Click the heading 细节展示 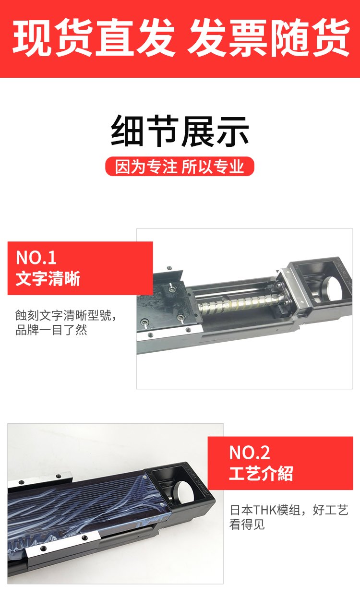[x=180, y=131]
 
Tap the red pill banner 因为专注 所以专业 [x=180, y=167]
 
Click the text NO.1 [x=36, y=257]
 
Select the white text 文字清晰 [x=48, y=279]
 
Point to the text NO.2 [x=250, y=453]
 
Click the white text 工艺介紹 [x=261, y=474]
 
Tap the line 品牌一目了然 [x=51, y=330]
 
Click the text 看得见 [x=247, y=525]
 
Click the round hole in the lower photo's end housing [x=184, y=494]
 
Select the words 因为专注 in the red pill [x=146, y=167]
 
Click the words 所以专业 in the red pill [x=213, y=167]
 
